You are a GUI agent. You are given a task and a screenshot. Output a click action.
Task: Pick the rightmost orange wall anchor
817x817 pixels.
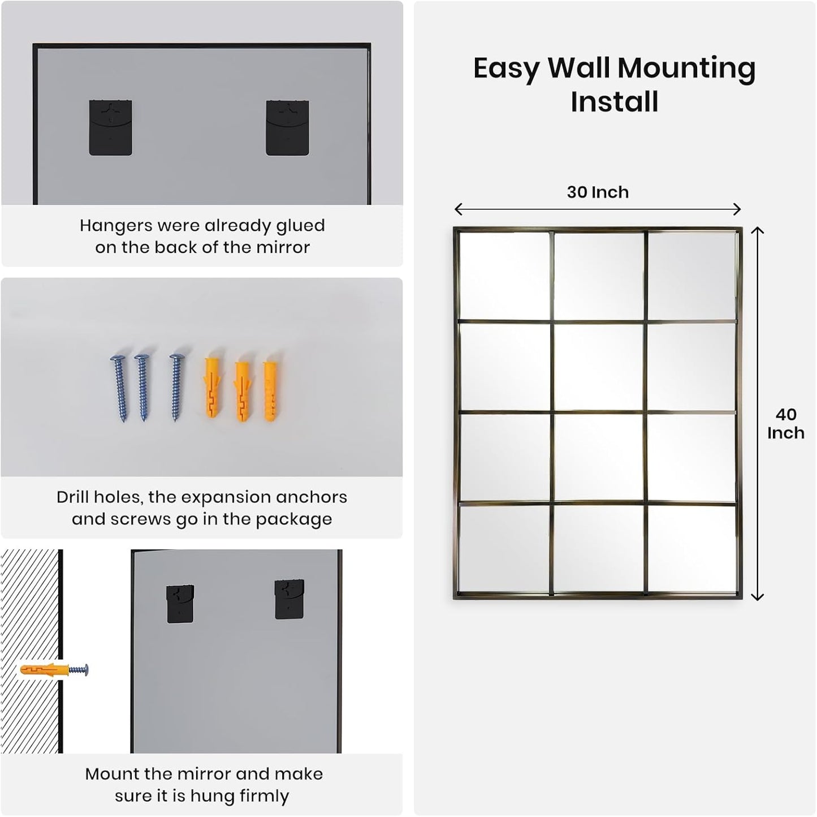tap(270, 390)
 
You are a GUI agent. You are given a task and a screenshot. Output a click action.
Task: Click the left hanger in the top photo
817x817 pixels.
tap(111, 128)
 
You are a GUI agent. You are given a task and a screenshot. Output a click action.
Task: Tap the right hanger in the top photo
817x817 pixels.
tap(287, 128)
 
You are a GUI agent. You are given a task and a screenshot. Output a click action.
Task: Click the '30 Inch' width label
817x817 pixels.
tap(598, 192)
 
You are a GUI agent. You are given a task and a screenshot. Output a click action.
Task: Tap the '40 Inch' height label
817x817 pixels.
tap(785, 424)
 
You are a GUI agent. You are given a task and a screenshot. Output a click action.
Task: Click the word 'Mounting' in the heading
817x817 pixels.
tap(686, 68)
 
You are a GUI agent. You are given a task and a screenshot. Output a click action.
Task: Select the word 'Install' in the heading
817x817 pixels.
tap(614, 102)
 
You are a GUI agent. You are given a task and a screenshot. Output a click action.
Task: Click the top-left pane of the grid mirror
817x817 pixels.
tap(504, 276)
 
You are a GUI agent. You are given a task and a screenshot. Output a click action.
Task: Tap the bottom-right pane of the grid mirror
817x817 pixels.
tap(691, 548)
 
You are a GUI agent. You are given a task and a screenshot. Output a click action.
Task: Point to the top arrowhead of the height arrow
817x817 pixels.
tap(758, 230)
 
